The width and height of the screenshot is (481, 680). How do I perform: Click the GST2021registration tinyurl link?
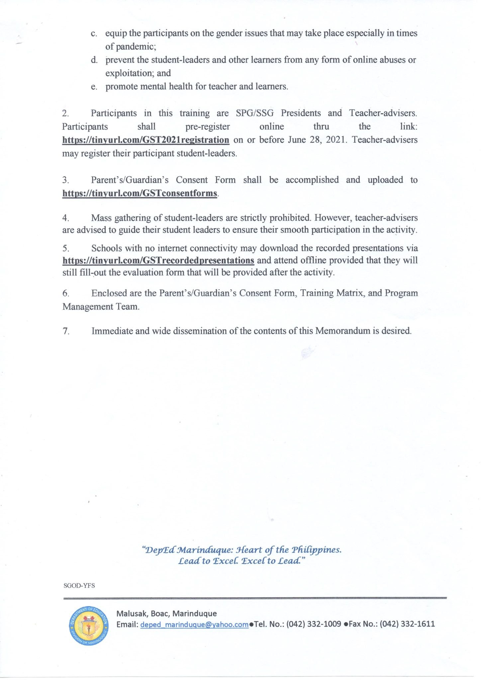[145, 140]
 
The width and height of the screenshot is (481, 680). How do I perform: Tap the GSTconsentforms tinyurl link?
[140, 193]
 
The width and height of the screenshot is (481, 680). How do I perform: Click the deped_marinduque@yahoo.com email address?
[194, 624]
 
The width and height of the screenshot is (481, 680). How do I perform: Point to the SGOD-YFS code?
[79, 585]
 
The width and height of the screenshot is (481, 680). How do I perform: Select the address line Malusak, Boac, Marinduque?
[166, 613]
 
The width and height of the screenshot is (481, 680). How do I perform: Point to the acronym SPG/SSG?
[255, 113]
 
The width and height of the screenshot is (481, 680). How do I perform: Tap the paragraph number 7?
[66, 331]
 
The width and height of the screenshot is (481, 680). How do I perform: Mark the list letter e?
[94, 87]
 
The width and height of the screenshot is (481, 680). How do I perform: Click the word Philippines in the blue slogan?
[316, 550]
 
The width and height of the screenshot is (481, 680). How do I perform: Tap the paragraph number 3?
[65, 180]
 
